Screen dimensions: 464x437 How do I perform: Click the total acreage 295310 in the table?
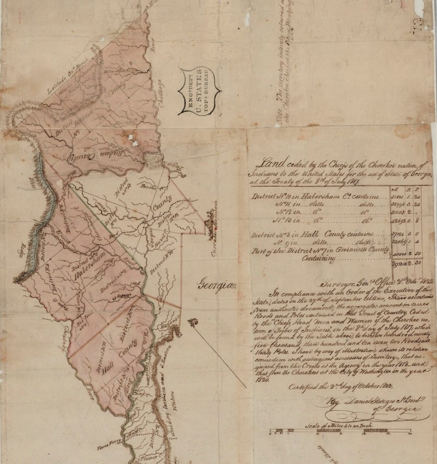coord(403,264)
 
